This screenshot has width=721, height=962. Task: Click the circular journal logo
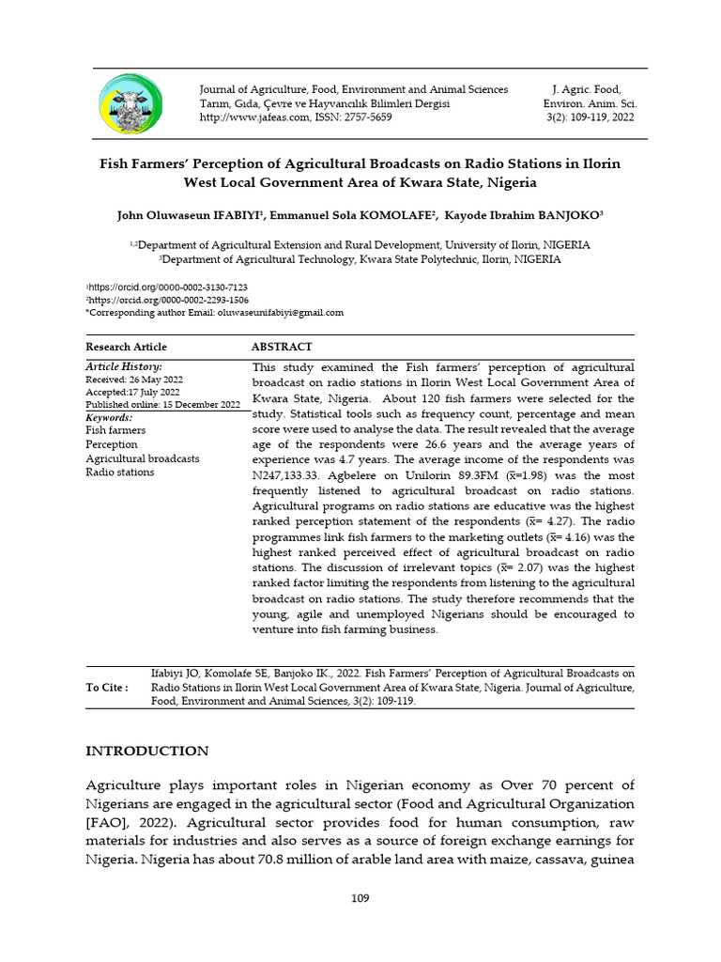[130, 103]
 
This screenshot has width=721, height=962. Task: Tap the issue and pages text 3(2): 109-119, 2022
[590, 117]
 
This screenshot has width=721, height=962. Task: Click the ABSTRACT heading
[282, 347]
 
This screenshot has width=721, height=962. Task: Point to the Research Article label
[126, 347]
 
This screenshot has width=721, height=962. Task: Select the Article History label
[124, 366]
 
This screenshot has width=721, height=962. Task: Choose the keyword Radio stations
[119, 473]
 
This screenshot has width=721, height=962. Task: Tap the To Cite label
[107, 688]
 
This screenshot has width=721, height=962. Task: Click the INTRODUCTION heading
[147, 752]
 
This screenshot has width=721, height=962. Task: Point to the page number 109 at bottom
[360, 898]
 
